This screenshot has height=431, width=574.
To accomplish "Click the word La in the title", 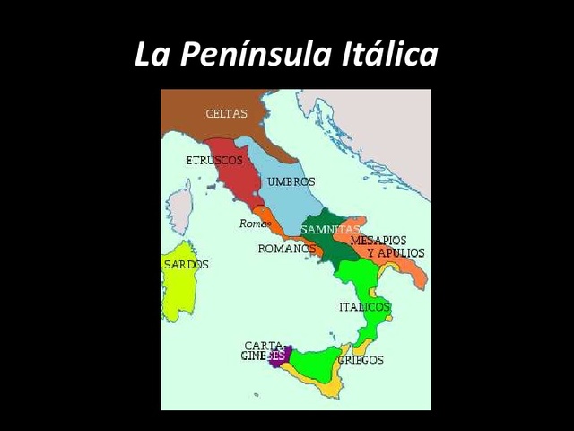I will (x=152, y=55).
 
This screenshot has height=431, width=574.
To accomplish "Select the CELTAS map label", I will (x=226, y=114).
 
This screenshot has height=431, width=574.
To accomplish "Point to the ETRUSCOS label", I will (x=214, y=160).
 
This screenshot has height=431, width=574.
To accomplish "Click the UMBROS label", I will (x=291, y=181).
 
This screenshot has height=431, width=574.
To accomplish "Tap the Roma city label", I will (x=254, y=224).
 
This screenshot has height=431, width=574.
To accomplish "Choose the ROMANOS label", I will (x=286, y=249).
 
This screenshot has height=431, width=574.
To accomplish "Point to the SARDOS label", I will (x=186, y=265).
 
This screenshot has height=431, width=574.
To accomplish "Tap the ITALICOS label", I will (x=364, y=307).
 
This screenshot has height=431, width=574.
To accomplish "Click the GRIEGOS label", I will (x=361, y=360).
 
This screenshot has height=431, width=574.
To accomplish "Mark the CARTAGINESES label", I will (x=265, y=350).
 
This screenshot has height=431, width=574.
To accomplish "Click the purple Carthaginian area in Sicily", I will (x=279, y=356).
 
